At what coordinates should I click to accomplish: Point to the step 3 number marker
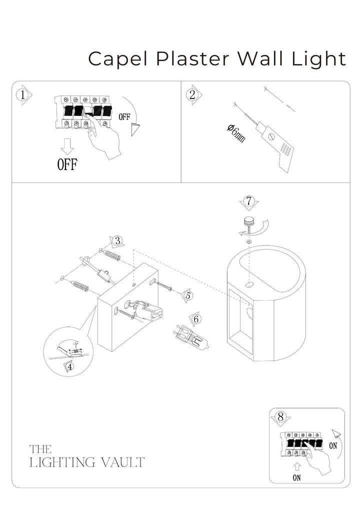coord(117,240)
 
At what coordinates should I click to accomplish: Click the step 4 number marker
coord(69,366)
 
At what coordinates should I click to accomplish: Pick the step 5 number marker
coord(187,295)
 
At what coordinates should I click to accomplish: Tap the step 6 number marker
coord(196,318)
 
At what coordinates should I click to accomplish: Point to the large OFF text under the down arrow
coord(66,164)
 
